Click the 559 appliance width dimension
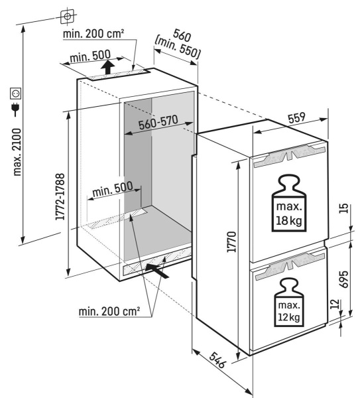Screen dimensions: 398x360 pyautogui.click(x=296, y=118)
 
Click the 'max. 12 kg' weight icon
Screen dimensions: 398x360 pyautogui.click(x=288, y=304)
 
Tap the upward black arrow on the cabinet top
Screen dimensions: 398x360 pyautogui.click(x=106, y=68)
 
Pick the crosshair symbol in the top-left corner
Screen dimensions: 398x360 pyautogui.click(x=66, y=14)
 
